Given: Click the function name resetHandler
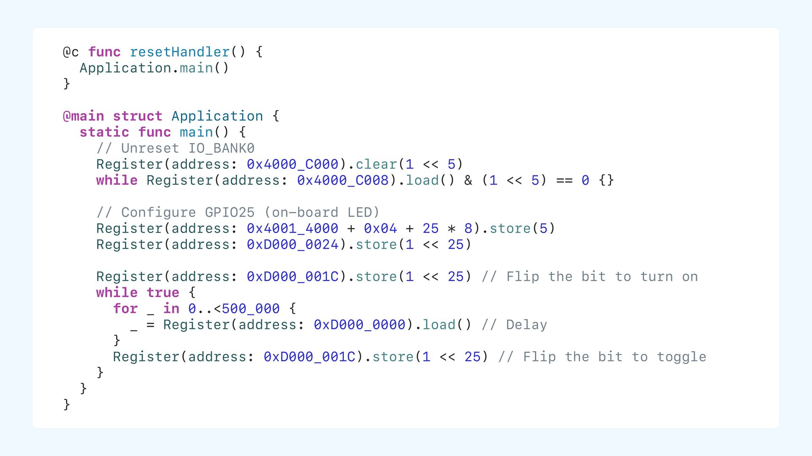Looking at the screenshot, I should [179, 52].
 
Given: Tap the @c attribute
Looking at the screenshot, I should [71, 52].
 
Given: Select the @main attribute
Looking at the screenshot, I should [83, 116].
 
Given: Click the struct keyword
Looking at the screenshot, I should [137, 116].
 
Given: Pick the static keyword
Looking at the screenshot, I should [104, 132].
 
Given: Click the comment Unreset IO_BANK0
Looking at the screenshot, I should [175, 148].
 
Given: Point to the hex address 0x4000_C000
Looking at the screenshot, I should [293, 164].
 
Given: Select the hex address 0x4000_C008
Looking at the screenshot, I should [343, 180].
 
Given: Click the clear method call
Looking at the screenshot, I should [376, 164].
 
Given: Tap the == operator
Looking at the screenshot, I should [564, 180].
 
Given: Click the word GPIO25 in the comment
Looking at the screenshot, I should [230, 212].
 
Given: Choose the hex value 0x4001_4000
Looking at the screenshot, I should [293, 228].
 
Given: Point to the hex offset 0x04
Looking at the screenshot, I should [380, 228].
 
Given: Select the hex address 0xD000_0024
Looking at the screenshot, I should [293, 244].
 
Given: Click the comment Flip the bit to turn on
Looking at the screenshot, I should [590, 277].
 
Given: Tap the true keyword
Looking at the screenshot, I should [163, 293].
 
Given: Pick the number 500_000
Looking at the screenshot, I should [250, 309].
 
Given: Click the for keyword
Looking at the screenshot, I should [125, 309].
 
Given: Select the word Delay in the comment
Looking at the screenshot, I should [527, 325].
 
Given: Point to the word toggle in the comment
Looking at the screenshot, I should [681, 357].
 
